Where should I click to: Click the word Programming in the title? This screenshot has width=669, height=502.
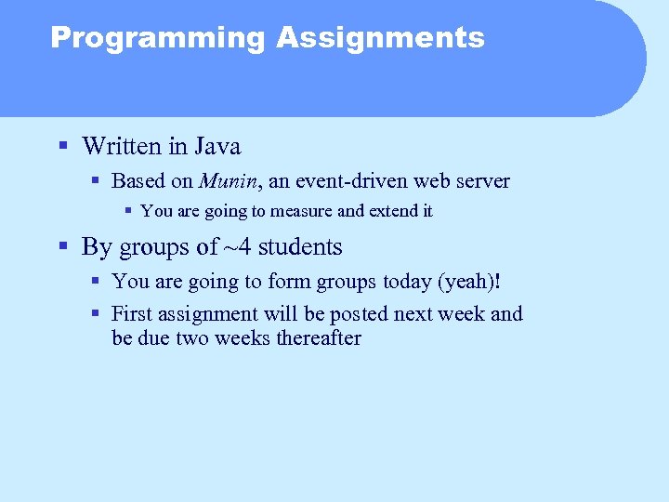coord(157,38)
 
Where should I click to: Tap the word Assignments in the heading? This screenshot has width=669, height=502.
coord(380,38)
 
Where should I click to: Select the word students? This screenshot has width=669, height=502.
coord(300,247)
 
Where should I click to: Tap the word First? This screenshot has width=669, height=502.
coord(131,314)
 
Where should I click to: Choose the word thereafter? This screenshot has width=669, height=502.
coord(318,338)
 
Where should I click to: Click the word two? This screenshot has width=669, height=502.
coord(190,338)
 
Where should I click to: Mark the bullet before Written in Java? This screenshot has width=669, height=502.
coord(62,147)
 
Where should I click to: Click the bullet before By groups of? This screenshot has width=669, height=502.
coord(62,247)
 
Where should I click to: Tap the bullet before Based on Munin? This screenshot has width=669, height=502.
coord(96,181)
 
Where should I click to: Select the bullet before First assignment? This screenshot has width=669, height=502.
coord(96,314)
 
